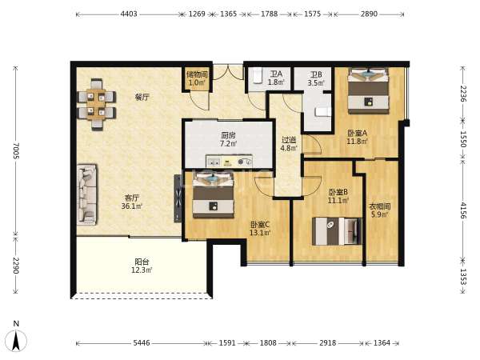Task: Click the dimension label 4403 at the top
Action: coord(129,14)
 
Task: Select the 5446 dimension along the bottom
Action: coord(142,343)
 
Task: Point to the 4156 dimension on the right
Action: coord(463,210)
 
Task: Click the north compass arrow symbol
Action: coord(16,340)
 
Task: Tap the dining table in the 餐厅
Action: coord(97,105)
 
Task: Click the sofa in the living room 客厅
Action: coord(87,194)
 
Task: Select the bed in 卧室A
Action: coord(368,91)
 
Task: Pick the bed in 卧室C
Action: coord(214,195)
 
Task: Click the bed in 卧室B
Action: coord(337,231)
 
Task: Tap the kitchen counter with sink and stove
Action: coord(229,161)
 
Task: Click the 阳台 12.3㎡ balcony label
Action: coord(142,266)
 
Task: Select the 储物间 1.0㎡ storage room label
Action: coord(197,78)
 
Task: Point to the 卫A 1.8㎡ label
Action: coord(276,78)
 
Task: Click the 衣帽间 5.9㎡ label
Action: coord(379,210)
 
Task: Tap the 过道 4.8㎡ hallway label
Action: coord(289,144)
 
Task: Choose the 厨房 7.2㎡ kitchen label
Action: coord(228,139)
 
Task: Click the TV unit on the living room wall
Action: coord(178,198)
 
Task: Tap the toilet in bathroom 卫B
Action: coord(323,112)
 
